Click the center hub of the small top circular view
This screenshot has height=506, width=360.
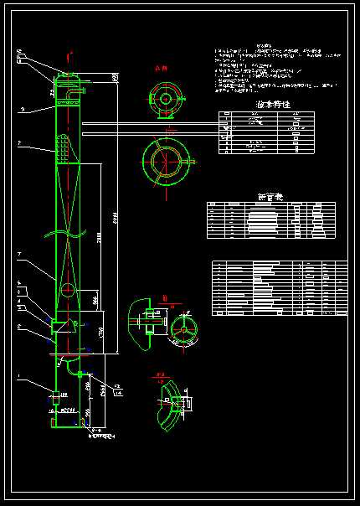pos(166,99)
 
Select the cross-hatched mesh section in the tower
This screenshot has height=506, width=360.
pos(65,151)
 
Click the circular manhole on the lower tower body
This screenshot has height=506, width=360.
pos(67,291)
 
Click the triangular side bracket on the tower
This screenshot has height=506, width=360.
pos(60,323)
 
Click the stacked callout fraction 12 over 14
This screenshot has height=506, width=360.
pos(117,388)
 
